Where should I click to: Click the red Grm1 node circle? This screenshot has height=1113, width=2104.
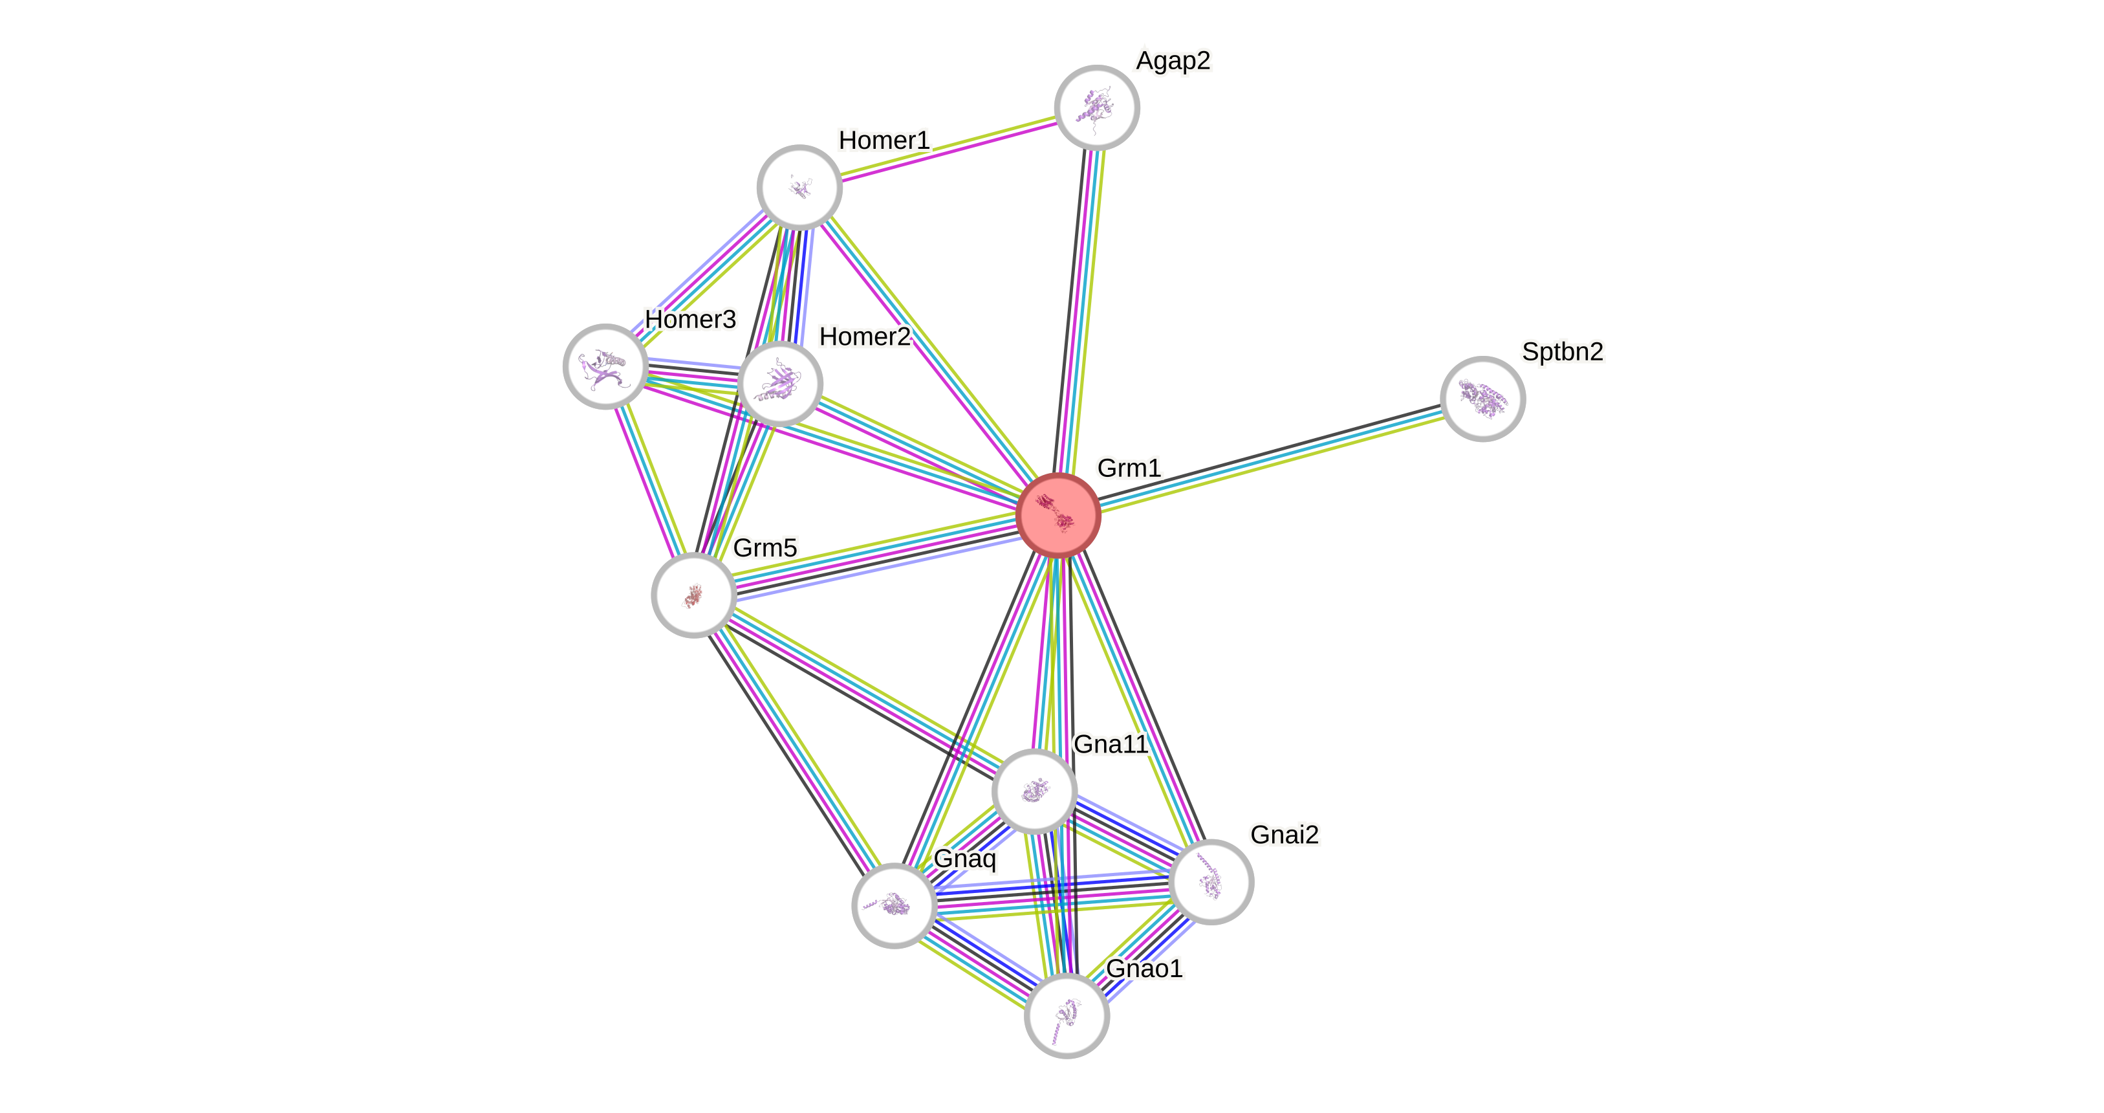(x=1059, y=516)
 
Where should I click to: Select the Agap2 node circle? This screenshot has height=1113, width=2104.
(x=1096, y=108)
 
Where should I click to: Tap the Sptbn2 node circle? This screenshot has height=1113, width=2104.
(x=1482, y=399)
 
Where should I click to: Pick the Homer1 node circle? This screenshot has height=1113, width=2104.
(x=799, y=187)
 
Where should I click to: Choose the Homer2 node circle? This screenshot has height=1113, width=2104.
(x=779, y=383)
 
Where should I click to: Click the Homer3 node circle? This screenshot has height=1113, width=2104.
(x=605, y=366)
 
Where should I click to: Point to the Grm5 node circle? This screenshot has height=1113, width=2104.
(x=693, y=595)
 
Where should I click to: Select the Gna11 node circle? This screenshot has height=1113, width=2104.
(x=1034, y=790)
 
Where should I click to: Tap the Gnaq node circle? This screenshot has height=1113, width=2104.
(x=895, y=905)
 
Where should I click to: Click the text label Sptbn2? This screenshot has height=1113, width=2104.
(x=1561, y=351)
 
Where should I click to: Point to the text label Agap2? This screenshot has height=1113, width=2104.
(x=1173, y=60)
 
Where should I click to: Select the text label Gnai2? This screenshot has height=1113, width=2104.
(x=1284, y=834)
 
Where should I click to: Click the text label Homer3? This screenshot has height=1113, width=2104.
(x=690, y=319)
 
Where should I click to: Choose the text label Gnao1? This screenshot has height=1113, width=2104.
(x=1144, y=968)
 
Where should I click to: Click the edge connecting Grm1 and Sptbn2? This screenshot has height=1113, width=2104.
(x=1271, y=457)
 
